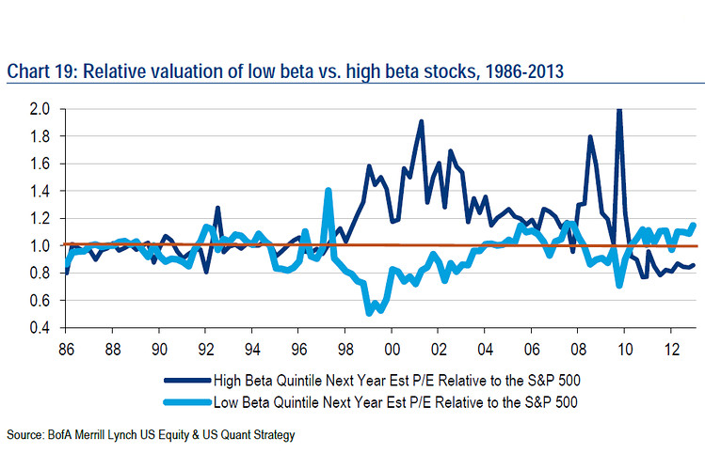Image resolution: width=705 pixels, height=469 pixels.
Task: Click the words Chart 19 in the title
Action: [39, 70]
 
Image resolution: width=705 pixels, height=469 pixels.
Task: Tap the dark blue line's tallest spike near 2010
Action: [618, 110]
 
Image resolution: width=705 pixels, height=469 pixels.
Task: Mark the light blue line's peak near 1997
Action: [328, 191]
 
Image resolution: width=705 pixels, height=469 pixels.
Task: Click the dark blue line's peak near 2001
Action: [421, 121]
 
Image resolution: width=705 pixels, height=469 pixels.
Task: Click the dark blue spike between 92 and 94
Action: [217, 208]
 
